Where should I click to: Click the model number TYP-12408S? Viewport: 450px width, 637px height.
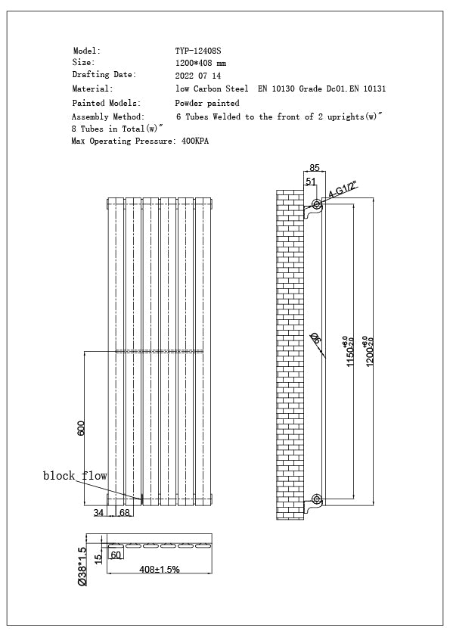[198, 51]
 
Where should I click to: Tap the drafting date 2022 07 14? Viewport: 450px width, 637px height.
[198, 76]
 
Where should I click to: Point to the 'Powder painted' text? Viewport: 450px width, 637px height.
[207, 103]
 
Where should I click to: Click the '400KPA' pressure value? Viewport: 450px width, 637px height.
[195, 141]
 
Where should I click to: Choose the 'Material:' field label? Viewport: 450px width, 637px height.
[92, 89]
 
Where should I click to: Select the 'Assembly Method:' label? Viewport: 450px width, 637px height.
[107, 117]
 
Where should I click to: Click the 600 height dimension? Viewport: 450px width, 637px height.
[80, 427]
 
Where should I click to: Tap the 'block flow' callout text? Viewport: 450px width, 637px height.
[74, 476]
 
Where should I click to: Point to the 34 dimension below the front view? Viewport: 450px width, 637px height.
[98, 514]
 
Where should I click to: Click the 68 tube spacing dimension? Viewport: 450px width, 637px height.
[124, 514]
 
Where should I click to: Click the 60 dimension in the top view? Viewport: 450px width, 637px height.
[116, 555]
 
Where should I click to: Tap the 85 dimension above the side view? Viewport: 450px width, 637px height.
[315, 168]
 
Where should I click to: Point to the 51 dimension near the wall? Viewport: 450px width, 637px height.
[311, 182]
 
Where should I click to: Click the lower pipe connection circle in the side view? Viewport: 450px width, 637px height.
[316, 499]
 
